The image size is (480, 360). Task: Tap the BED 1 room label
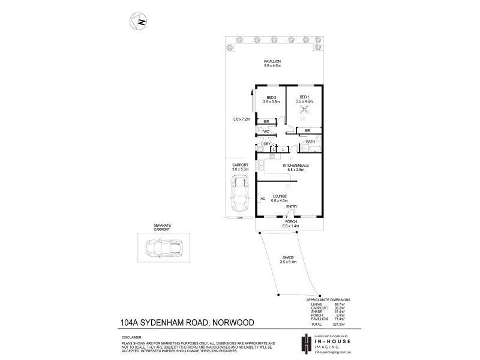point(304,97)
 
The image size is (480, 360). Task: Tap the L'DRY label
point(264,144)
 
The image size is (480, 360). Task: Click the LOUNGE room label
point(280,196)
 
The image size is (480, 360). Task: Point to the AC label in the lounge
point(263,198)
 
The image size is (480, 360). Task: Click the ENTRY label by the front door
point(292,207)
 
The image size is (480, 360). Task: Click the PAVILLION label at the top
point(272,62)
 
